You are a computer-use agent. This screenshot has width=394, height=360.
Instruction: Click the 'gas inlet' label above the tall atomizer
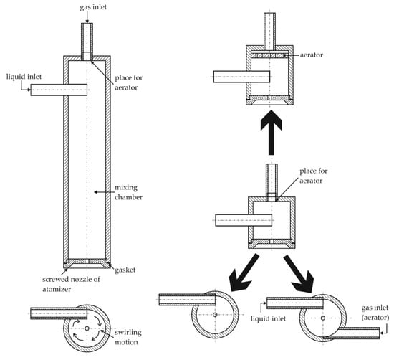click(x=93, y=7)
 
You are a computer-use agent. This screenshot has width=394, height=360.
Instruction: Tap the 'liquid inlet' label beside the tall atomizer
click(x=24, y=77)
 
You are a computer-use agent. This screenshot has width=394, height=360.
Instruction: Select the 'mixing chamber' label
click(x=129, y=192)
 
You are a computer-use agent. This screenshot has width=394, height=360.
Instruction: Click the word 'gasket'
click(x=125, y=270)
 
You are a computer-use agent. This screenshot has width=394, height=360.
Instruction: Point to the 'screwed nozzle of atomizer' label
click(x=71, y=284)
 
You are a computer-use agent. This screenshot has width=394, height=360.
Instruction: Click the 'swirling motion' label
click(x=128, y=337)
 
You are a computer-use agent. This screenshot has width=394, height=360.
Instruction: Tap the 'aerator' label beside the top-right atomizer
click(x=312, y=55)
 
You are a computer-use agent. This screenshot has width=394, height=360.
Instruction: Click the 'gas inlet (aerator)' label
click(x=375, y=313)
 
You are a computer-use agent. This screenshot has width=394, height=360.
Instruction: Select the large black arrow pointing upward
click(x=271, y=133)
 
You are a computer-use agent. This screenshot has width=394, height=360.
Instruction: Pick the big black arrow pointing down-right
click(x=299, y=274)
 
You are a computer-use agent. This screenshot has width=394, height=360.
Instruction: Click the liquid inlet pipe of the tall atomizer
click(x=59, y=90)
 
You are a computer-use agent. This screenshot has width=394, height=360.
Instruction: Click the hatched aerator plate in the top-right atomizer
click(x=269, y=55)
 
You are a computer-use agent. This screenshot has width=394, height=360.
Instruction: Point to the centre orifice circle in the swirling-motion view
click(x=87, y=328)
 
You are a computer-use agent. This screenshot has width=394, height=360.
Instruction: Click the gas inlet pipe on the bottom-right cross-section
click(x=351, y=333)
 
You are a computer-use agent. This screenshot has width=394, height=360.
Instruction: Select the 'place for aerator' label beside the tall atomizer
click(x=129, y=82)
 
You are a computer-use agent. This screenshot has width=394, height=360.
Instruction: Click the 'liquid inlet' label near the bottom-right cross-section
click(x=269, y=318)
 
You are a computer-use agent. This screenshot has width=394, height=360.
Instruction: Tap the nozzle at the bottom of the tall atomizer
click(x=87, y=263)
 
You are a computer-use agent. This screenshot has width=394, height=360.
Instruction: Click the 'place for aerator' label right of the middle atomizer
click(x=314, y=176)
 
